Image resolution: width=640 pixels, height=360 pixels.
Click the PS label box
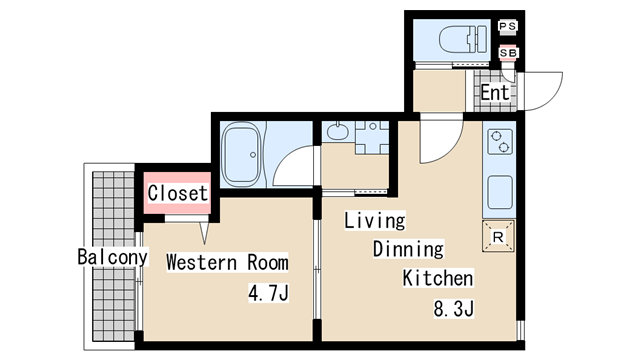508,26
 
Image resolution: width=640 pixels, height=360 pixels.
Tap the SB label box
508,53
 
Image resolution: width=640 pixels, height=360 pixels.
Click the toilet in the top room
463,39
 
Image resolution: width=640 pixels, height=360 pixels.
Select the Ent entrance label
495,92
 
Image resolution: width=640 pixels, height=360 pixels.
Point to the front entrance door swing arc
551,98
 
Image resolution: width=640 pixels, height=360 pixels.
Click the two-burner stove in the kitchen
500,142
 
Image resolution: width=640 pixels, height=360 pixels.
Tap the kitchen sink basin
500,192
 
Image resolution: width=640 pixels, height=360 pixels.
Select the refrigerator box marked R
498,236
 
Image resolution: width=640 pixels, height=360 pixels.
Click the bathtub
242,154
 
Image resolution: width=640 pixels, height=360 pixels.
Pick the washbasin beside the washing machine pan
338,131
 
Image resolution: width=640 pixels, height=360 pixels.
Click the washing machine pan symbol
372,137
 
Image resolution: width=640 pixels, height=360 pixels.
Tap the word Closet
178,193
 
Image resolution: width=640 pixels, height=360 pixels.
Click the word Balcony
113,257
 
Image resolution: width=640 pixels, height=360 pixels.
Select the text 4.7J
269,293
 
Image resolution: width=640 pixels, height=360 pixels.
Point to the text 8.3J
453,309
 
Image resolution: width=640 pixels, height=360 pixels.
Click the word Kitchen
438,278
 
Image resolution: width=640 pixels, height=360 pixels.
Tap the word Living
375,221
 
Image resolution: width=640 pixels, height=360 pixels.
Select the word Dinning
408,249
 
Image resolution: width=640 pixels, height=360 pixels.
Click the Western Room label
227,262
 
